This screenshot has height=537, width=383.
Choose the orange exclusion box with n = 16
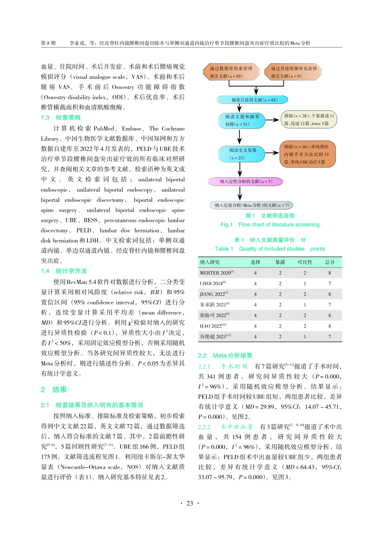(308, 154)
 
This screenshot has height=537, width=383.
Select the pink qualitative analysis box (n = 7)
(246, 182)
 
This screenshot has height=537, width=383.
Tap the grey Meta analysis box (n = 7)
(251, 205)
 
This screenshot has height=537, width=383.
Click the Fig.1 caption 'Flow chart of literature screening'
(279, 224)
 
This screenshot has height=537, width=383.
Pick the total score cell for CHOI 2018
(329, 283)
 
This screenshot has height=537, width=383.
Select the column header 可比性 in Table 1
(305, 262)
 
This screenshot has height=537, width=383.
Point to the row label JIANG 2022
(214, 294)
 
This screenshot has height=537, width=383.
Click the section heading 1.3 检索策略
(61, 118)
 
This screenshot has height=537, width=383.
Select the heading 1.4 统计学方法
(64, 271)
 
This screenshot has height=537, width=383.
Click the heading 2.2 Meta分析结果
(225, 355)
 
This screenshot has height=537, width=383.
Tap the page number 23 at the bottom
(190, 503)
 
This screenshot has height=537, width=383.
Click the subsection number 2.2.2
(204, 427)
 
